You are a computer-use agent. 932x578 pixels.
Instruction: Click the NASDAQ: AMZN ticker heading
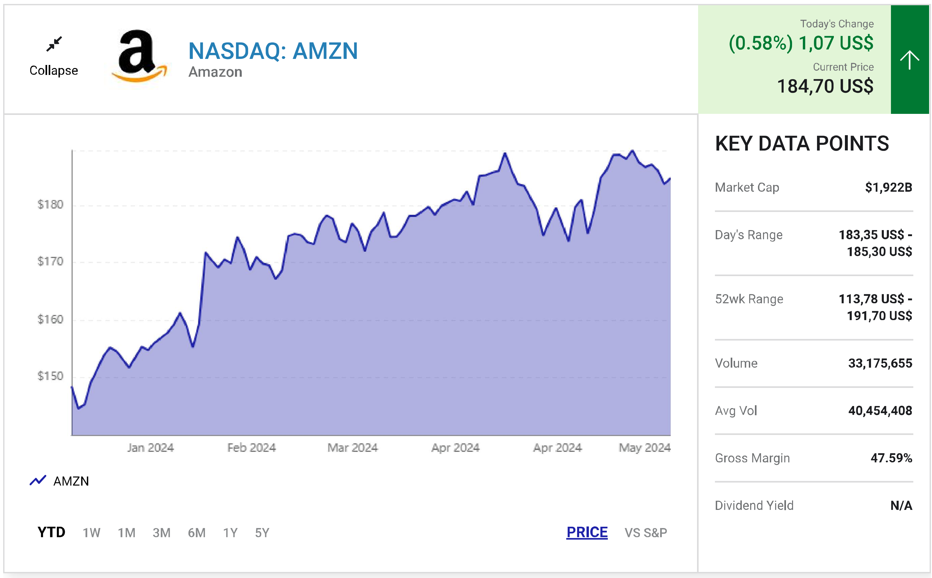click(x=273, y=51)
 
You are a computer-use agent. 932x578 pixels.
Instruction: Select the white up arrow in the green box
click(x=909, y=60)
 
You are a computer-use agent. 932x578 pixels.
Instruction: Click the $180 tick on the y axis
click(x=50, y=205)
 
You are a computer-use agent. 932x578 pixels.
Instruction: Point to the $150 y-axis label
click(x=50, y=376)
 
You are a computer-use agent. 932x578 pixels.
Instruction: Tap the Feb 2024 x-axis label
click(x=251, y=448)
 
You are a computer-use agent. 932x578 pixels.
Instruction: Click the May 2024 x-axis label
click(x=644, y=448)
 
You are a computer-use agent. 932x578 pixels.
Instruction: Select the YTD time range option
click(x=51, y=532)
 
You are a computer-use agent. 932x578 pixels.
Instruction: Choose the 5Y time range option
click(x=262, y=533)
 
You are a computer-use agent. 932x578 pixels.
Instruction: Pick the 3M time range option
click(x=161, y=533)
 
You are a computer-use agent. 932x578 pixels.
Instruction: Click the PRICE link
click(x=587, y=532)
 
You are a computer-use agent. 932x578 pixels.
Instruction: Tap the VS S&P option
click(x=645, y=533)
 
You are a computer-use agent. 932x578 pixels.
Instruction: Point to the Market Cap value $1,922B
click(x=888, y=187)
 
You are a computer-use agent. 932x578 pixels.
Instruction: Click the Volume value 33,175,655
click(x=880, y=363)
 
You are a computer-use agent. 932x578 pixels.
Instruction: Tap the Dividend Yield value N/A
click(x=901, y=505)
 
